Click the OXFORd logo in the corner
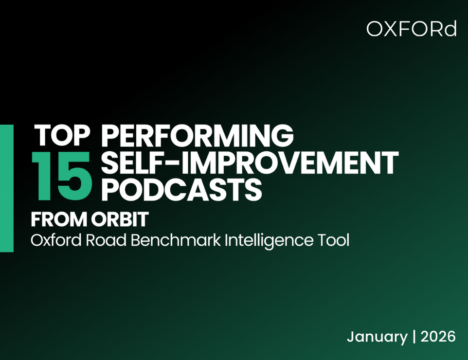point(412,29)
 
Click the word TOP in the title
point(62,136)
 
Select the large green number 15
point(62,172)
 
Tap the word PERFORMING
point(197,136)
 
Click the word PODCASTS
point(181,190)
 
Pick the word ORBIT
point(119,220)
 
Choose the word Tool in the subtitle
point(335,240)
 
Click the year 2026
point(437,337)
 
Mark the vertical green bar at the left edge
point(6,188)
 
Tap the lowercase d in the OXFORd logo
point(450,29)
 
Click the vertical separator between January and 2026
point(414,337)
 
